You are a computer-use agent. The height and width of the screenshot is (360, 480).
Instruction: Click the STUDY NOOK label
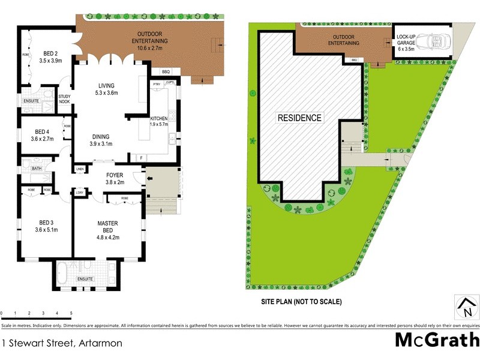[64, 98]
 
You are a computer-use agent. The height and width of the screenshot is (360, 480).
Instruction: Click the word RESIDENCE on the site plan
[299, 118]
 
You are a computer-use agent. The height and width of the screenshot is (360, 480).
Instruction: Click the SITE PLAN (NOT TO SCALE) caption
[301, 302]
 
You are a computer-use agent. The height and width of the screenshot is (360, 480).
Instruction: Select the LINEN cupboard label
[80, 170]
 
